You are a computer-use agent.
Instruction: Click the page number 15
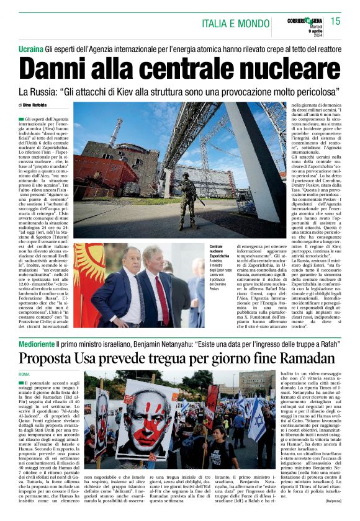pyautogui.click(x=335, y=21)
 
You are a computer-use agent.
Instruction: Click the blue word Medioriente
pyautogui.click(x=36, y=344)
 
